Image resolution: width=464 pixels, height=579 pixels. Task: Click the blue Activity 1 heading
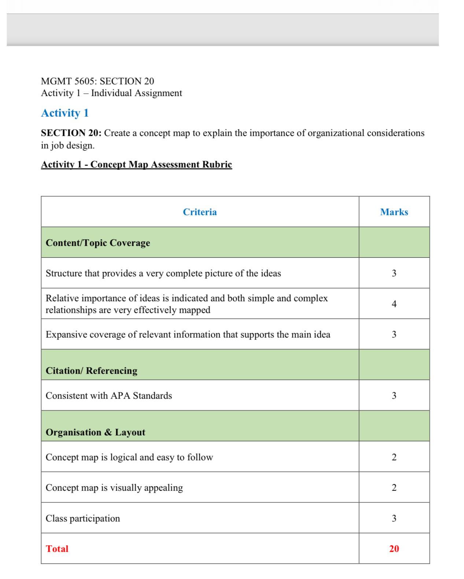65,113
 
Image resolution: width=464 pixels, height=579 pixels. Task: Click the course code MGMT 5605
68,81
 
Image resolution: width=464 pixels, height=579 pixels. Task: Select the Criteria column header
200,212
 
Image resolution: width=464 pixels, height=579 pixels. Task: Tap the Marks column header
394,212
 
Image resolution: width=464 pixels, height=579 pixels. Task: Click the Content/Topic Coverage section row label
98,243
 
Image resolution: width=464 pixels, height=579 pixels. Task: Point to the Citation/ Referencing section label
92,370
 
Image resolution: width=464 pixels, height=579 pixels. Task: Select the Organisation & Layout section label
95,432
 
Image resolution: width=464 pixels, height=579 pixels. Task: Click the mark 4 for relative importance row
394,304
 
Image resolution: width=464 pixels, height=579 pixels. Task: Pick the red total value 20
394,549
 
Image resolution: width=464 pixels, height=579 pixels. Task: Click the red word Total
57,549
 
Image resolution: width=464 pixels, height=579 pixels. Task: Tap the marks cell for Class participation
394,518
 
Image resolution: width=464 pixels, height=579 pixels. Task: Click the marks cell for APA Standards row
394,396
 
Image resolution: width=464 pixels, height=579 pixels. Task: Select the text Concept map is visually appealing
114,488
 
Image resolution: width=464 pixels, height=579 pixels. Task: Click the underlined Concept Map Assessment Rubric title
136,164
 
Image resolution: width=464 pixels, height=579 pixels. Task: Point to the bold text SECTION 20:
71,133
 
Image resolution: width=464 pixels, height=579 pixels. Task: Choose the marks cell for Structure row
394,273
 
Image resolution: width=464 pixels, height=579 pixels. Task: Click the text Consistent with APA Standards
109,396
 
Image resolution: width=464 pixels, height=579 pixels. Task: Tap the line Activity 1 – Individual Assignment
111,93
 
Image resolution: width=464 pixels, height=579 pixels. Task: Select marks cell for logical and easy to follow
394,457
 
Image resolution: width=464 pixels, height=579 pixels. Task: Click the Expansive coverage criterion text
188,335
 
